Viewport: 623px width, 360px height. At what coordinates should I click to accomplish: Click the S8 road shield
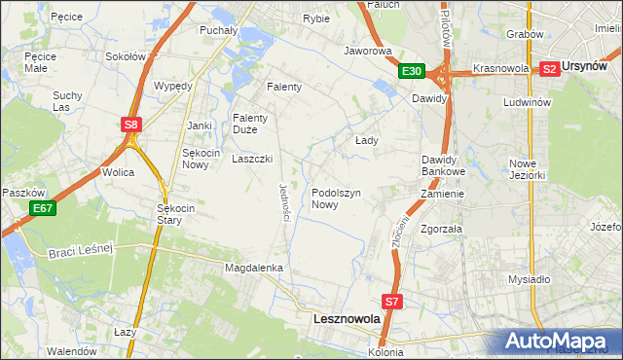click(x=132, y=124)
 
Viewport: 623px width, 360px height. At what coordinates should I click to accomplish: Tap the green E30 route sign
click(x=411, y=71)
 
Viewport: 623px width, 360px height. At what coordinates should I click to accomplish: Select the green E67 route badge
click(x=42, y=208)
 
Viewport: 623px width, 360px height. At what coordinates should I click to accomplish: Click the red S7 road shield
click(x=391, y=303)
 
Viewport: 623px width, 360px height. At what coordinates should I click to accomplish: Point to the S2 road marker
click(x=548, y=68)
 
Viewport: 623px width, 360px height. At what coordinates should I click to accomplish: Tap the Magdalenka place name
click(x=253, y=267)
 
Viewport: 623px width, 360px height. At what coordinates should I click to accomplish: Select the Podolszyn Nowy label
click(x=337, y=198)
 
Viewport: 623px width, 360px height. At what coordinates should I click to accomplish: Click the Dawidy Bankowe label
click(x=444, y=165)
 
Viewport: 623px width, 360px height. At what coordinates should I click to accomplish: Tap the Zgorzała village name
click(x=441, y=230)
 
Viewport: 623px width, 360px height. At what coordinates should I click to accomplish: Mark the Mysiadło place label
click(x=530, y=279)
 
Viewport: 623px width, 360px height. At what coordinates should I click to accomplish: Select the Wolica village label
click(x=118, y=172)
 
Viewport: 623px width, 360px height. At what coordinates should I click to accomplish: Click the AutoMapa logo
click(x=560, y=342)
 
